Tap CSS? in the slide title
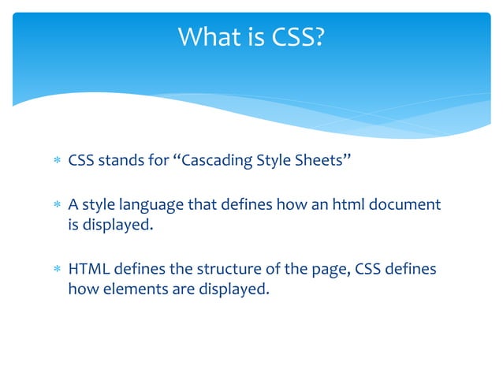[x=296, y=36]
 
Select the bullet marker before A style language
[x=55, y=206]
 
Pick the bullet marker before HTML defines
[x=55, y=271]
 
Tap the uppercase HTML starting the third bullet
[x=87, y=270]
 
